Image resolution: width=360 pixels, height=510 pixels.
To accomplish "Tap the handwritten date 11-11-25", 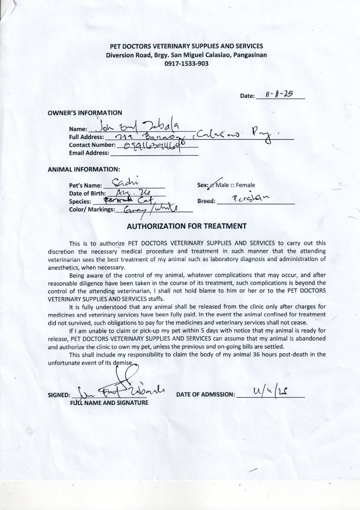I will click(279, 94).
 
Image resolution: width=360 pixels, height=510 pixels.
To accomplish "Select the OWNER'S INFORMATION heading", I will click(85, 113).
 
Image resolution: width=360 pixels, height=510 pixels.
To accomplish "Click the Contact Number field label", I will click(92, 145).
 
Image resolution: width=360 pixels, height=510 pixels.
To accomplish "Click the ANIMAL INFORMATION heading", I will click(84, 169).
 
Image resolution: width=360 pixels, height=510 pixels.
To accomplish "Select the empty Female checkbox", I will click(232, 185).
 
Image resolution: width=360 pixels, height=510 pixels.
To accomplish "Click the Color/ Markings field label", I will click(92, 209).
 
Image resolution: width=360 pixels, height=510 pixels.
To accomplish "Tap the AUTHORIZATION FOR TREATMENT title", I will click(187, 226).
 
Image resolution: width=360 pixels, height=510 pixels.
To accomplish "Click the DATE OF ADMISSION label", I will click(206, 394).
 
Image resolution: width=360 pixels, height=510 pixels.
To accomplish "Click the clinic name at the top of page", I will click(186, 46).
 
